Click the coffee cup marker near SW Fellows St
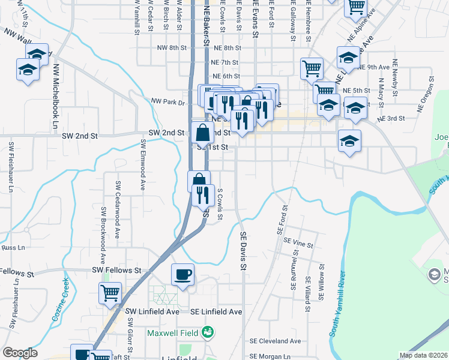tap(183, 275)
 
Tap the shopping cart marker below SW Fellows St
tap(110, 293)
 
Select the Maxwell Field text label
tap(173, 332)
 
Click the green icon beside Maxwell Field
tap(208, 331)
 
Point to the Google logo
tap(20, 353)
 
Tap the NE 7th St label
tap(225, 62)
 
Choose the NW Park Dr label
tap(168, 102)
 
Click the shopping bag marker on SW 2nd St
tap(203, 133)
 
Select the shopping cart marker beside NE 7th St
tap(312, 69)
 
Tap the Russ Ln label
tap(13, 247)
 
